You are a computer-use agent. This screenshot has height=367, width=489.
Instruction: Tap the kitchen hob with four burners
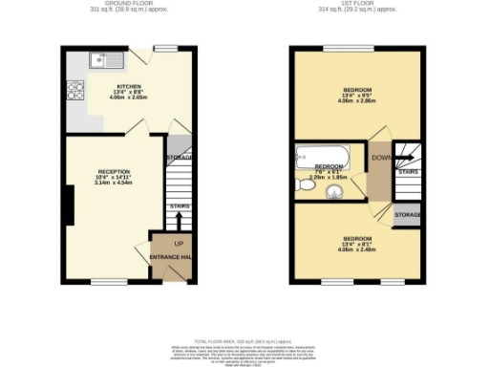(x=74, y=93)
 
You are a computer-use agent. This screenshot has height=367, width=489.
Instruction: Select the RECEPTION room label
(x=113, y=171)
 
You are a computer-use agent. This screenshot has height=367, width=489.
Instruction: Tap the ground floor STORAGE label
(x=179, y=157)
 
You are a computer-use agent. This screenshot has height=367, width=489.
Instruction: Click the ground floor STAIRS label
(x=179, y=205)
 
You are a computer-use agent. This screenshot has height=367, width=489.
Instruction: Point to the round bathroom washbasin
(x=336, y=195)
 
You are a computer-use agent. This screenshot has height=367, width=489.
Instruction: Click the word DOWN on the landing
(x=380, y=158)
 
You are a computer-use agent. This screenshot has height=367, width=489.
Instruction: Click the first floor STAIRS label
(x=407, y=171)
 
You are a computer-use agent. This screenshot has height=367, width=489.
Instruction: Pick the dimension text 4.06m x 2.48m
(x=357, y=249)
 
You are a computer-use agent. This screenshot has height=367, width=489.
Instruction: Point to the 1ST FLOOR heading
(x=357, y=3)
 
